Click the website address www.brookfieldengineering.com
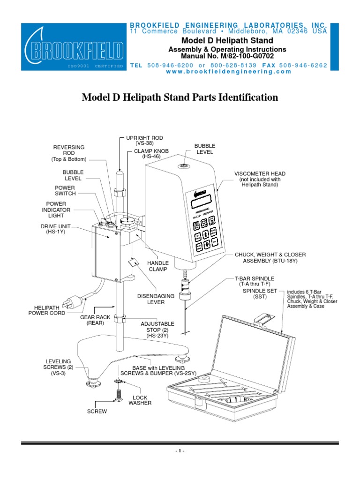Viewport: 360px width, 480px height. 228,72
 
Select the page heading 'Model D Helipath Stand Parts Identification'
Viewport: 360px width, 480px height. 180,97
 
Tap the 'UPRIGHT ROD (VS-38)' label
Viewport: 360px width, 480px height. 144,140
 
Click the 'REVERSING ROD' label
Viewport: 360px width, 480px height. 68,153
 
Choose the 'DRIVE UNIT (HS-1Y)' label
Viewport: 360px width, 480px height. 56,229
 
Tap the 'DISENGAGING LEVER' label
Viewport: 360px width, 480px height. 156,299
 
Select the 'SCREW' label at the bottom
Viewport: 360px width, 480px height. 97,411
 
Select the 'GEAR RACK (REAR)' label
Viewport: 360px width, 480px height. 95,320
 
